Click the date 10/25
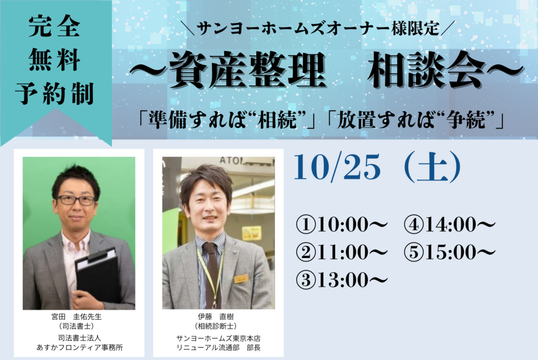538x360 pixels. tap(338, 167)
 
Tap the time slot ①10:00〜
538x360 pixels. tap(342, 225)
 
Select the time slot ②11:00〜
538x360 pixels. tap(342, 252)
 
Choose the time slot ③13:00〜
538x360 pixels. tap(342, 280)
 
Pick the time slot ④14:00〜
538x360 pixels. tap(450, 225)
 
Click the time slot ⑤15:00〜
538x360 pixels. tap(450, 252)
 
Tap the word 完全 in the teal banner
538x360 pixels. tap(54, 26)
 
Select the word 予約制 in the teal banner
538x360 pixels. tap(54, 94)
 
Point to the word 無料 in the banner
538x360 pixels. tap(54, 60)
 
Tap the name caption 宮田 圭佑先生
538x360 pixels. tap(77, 317)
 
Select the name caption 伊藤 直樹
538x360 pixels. tap(216, 317)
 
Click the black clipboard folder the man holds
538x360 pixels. tap(98, 274)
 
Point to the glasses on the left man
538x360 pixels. tap(76, 200)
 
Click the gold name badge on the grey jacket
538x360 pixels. tap(241, 279)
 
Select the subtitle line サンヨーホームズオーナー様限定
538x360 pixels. tap(319, 28)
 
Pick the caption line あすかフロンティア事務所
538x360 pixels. tap(80, 347)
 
